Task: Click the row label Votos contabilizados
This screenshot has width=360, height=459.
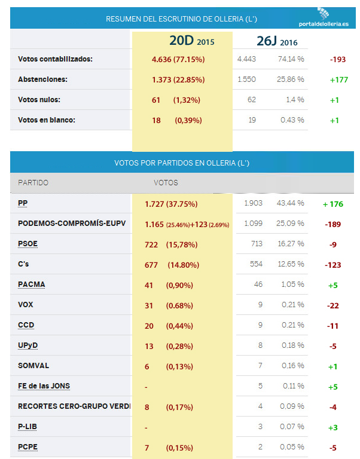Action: point(56,59)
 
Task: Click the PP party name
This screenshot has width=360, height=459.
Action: point(23,203)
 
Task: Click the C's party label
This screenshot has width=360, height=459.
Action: point(25,264)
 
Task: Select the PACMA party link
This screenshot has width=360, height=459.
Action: point(32,284)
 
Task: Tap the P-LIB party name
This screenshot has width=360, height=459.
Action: point(28,427)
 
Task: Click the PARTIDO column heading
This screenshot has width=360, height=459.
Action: point(33,182)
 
